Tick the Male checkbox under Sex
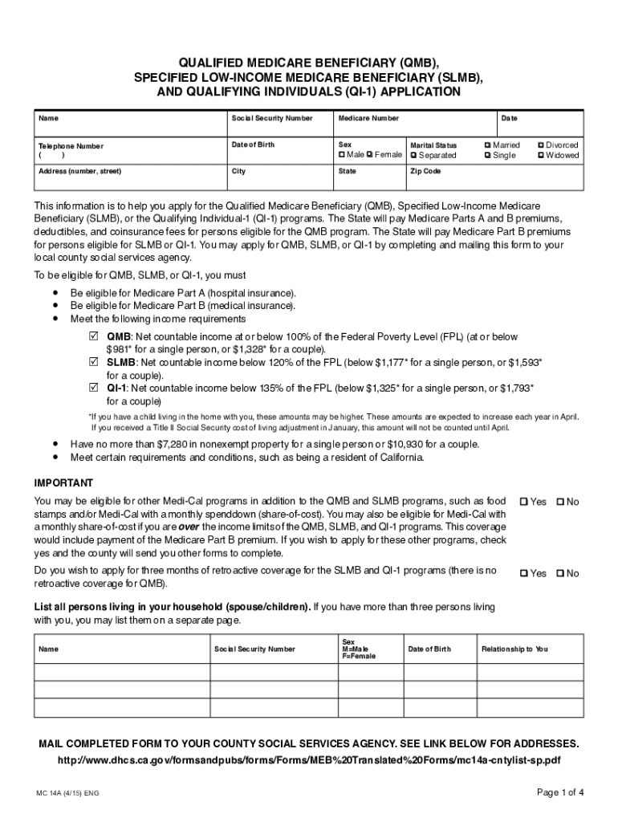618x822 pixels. coord(342,155)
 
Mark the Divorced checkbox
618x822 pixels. coord(540,145)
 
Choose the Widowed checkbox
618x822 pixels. coord(540,155)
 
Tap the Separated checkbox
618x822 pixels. coord(413,155)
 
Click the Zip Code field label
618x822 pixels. coord(425,172)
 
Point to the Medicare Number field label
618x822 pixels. coord(368,118)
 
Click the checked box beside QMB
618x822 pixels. coord(92,336)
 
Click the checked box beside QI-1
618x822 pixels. coord(92,388)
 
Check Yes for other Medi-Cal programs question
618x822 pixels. coord(524,502)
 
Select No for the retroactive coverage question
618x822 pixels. coord(560,573)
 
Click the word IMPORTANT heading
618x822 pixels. coord(63,482)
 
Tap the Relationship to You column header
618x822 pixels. coord(514,649)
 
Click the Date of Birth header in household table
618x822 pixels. coord(429,649)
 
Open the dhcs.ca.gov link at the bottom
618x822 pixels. coord(309,759)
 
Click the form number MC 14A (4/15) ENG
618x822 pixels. coord(67,794)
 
